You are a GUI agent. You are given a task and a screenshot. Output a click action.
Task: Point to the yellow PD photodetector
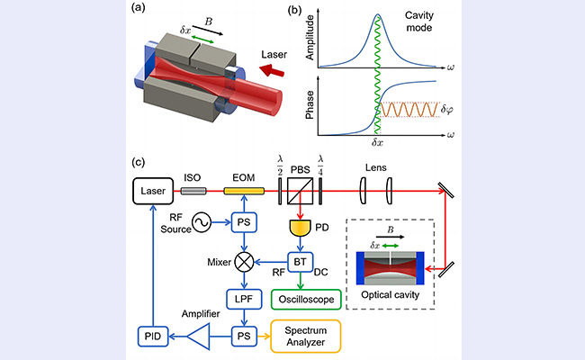pyautogui.click(x=299, y=229)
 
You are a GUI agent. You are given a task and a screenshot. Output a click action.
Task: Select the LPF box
pyautogui.click(x=241, y=297)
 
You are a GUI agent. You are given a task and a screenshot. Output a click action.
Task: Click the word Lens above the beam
pyautogui.click(x=377, y=167)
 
